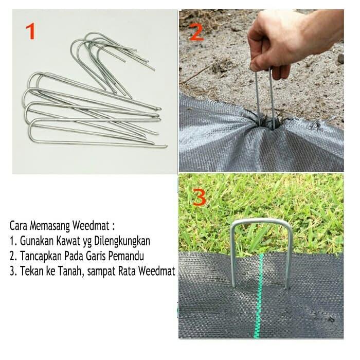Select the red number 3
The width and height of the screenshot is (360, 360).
(198, 197)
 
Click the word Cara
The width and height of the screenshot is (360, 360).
(18, 225)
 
